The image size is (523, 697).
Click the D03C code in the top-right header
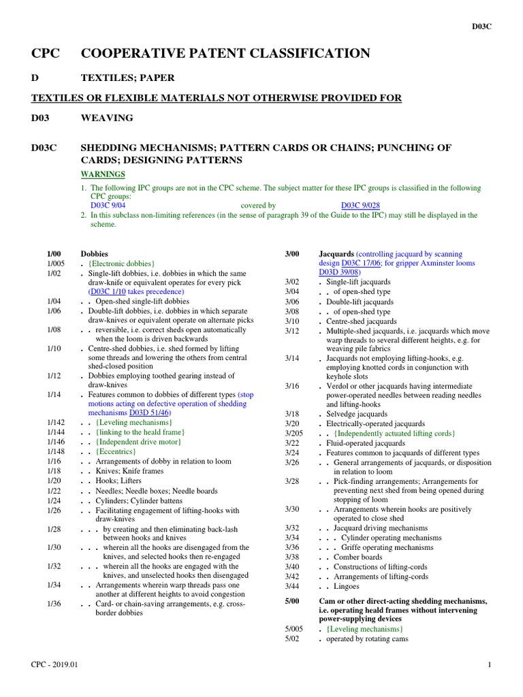(482, 27)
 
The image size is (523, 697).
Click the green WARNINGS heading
(103, 174)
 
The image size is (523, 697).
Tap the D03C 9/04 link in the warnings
(108, 205)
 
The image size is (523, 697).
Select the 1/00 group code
(54, 253)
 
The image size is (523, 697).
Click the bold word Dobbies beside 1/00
(94, 253)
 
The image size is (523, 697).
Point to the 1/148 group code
(57, 451)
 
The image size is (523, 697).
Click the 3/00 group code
(292, 253)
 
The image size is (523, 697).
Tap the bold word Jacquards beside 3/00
(336, 253)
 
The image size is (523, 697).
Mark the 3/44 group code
(292, 586)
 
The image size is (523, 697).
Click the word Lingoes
(347, 586)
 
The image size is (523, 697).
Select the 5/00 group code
(292, 601)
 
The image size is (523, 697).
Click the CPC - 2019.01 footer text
(54, 664)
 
